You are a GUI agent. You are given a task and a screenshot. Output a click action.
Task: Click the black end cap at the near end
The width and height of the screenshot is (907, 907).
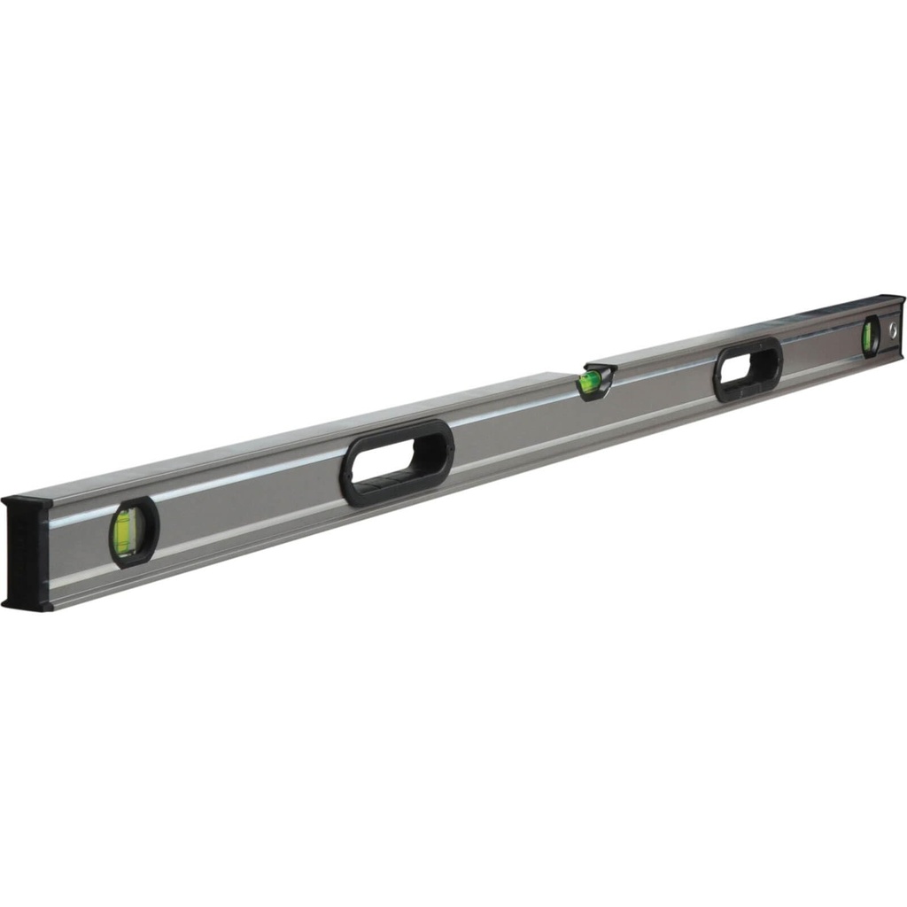27,554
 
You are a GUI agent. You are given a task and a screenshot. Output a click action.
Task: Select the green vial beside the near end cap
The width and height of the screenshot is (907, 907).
124,532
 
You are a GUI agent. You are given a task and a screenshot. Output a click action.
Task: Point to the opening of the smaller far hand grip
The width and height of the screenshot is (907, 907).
749,365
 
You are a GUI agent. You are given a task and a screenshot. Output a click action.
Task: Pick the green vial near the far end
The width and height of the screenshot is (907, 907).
868,337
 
